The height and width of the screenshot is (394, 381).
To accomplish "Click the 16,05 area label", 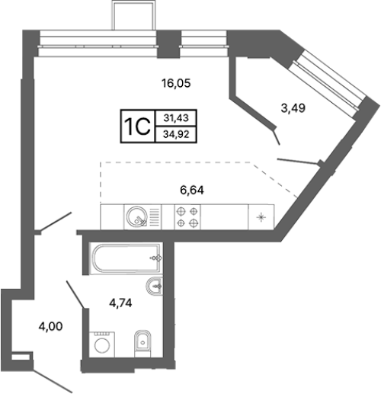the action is (x=176, y=83).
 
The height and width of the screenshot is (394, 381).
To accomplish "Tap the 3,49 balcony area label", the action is (x=293, y=108).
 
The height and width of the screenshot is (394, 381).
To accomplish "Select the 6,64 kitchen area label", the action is (x=192, y=190).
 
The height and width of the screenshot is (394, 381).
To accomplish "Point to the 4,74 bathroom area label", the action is (x=120, y=303).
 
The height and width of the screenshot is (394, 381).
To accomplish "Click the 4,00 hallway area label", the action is (x=50, y=326).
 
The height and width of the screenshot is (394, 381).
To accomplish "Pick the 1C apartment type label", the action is (x=137, y=127).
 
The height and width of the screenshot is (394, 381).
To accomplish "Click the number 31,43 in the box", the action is (x=176, y=118).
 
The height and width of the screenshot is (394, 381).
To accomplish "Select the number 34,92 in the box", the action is (x=176, y=134).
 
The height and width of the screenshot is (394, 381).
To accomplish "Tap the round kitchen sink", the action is (x=136, y=216).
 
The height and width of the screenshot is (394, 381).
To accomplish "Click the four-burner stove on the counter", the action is (x=187, y=217).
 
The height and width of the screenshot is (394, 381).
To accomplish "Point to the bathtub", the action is (x=126, y=258).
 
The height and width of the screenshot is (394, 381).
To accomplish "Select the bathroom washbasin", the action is (x=155, y=287).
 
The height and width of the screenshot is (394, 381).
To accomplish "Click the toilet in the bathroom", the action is (x=142, y=344).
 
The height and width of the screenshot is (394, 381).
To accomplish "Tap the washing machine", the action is (x=102, y=344).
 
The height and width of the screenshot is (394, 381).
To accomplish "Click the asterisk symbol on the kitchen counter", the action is (x=261, y=217).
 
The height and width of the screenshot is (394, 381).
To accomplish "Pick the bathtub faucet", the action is (x=156, y=258).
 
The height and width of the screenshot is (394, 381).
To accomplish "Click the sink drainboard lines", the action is (x=155, y=217).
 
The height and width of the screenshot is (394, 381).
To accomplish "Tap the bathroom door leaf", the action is (x=75, y=294).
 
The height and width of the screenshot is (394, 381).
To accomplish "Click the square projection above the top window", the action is (x=133, y=15).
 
